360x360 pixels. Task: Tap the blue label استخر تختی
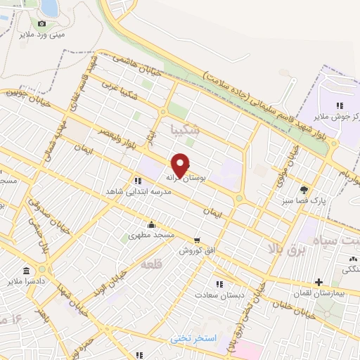194,339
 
